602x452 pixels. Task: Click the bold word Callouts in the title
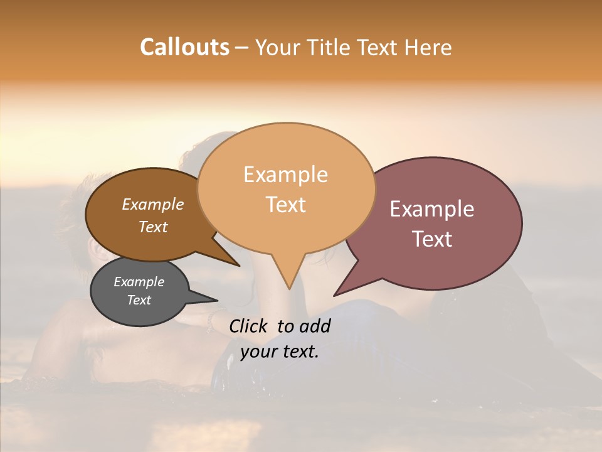point(184,47)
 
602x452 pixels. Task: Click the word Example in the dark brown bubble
point(153,204)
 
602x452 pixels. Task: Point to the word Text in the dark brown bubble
point(153,227)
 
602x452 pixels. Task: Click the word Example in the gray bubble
point(139,282)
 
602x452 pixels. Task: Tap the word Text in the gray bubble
point(139,300)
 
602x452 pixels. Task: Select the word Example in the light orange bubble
point(285,175)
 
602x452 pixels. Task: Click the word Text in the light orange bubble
point(285,205)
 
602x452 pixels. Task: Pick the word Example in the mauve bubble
point(432,209)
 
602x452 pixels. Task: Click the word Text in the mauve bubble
point(432,239)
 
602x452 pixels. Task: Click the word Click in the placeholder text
point(248,326)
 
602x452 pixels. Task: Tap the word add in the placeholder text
point(315,326)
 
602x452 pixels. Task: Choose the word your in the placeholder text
point(256,352)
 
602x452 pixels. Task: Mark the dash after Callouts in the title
point(242,48)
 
